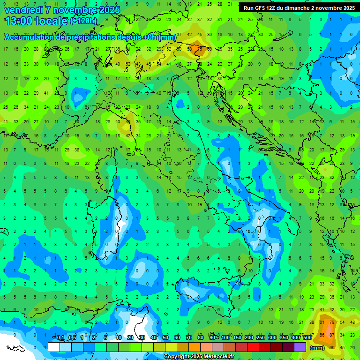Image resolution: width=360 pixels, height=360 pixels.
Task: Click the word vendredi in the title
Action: pyautogui.click(x=23, y=9)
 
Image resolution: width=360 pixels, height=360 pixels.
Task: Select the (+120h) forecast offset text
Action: pyautogui.click(x=83, y=21)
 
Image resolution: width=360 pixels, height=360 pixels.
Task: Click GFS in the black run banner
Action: pyautogui.click(x=260, y=7)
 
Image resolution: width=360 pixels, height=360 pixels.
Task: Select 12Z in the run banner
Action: pyautogui.click(x=272, y=7)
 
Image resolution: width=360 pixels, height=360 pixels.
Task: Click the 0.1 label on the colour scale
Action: pyautogui.click(x=60, y=338)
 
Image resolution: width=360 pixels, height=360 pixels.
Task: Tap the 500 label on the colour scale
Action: pyautogui.click(x=307, y=338)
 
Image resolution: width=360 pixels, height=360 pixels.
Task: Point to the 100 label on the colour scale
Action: pyautogui.click(x=225, y=338)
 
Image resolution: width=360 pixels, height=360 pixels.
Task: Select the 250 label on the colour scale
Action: pyautogui.click(x=260, y=338)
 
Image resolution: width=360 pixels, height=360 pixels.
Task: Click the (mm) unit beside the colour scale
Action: pyautogui.click(x=317, y=348)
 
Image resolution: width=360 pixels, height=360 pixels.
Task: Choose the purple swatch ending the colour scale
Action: pyautogui.click(x=300, y=347)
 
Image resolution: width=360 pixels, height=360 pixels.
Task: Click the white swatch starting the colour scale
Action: pyautogui.click(x=54, y=347)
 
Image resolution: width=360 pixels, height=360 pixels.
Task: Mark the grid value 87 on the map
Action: pyautogui.click(x=332, y=335)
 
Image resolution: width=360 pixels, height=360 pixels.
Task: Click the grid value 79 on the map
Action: pyautogui.click(x=332, y=322)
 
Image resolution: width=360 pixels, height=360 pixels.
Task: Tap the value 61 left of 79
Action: pyautogui.click(x=322, y=322)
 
